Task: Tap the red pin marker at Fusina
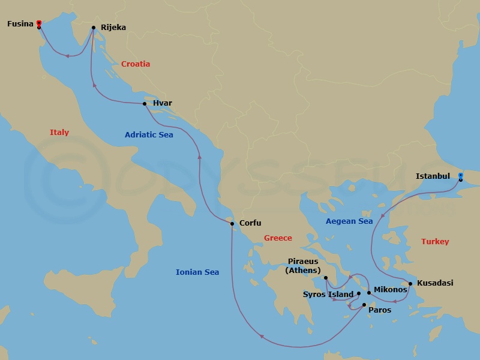click(39, 23)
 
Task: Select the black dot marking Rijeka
click(94, 28)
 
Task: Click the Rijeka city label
click(113, 27)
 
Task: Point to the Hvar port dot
click(145, 104)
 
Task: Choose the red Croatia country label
click(136, 64)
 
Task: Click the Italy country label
click(59, 133)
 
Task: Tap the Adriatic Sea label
click(149, 135)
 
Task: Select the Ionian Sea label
click(197, 272)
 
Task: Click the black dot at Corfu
click(232, 224)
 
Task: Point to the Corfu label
click(250, 223)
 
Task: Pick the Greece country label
click(278, 238)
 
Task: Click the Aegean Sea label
click(349, 221)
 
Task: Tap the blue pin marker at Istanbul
click(460, 176)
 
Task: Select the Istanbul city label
click(433, 177)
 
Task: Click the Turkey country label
click(435, 242)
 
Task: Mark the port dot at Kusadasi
click(410, 284)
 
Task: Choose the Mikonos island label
click(391, 290)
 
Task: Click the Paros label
click(380, 310)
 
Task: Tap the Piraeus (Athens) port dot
click(326, 278)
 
